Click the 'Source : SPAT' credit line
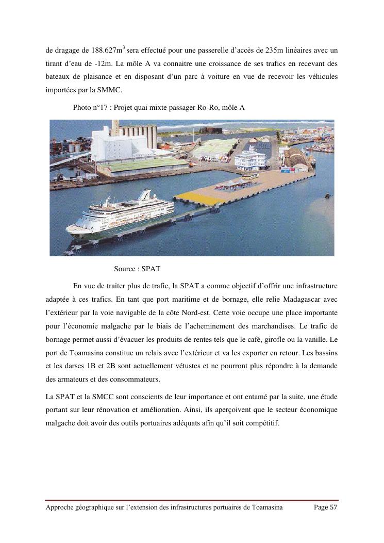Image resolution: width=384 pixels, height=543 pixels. tap(137, 269)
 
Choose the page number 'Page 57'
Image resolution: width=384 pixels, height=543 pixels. tap(325, 507)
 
